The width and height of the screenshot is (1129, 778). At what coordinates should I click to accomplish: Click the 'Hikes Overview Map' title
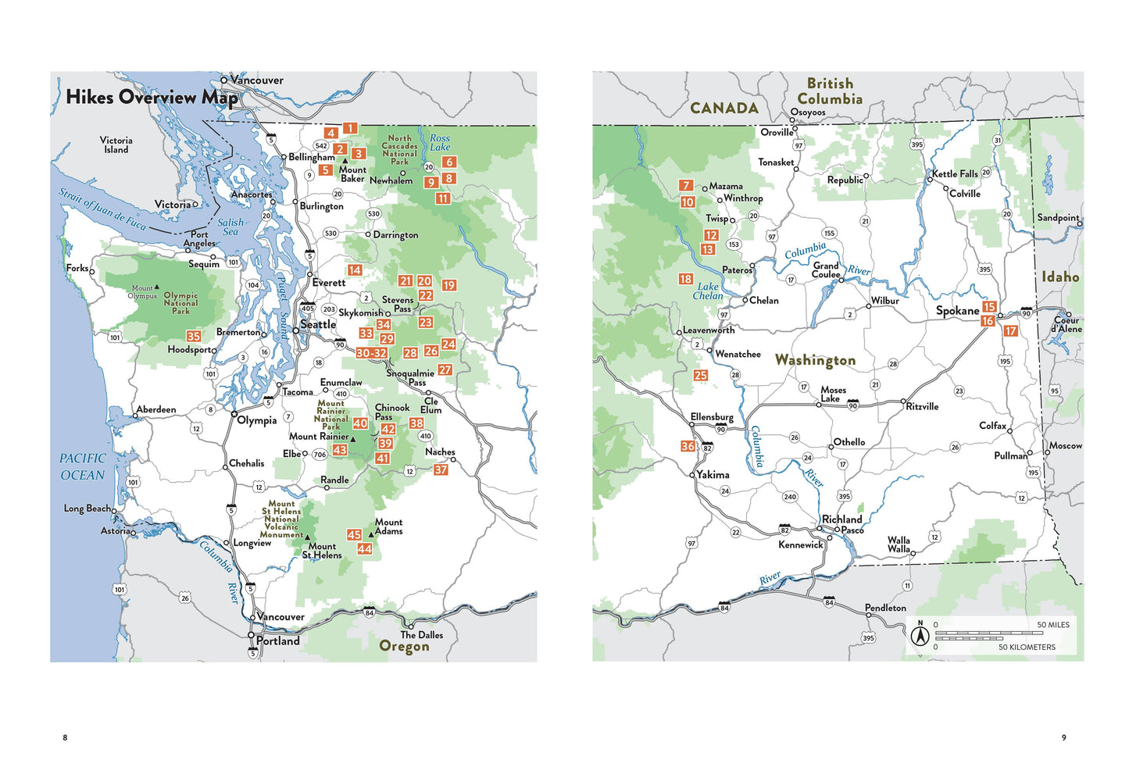pos(152,97)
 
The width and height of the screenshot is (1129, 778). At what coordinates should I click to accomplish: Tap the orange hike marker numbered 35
pos(194,336)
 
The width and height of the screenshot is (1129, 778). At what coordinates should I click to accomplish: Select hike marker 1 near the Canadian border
pos(350,128)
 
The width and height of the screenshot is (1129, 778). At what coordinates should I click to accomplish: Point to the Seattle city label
pos(318,324)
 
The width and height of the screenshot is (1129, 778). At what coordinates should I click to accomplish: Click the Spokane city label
pos(957,311)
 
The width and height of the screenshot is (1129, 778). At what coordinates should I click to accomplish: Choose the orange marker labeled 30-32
pos(371,353)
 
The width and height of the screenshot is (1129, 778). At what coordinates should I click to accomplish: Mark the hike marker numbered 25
pos(701,375)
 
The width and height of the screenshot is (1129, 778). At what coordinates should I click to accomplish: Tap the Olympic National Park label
pos(180,303)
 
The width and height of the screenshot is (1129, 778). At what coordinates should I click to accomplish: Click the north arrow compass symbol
pos(920,635)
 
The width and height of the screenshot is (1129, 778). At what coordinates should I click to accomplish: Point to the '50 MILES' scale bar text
pos(1053,625)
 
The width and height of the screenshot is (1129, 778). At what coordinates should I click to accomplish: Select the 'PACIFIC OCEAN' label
pos(82,467)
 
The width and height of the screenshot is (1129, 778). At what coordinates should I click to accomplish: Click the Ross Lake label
pos(440,142)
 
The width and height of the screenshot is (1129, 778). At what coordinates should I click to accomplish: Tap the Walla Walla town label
pos(899,544)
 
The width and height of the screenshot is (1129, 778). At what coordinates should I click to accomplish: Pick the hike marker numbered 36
pos(688,446)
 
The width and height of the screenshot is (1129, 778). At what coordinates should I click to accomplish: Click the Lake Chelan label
pos(708,291)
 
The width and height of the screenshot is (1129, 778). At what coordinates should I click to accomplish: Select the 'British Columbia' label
pos(830,91)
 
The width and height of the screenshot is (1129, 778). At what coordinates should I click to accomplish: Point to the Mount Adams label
pos(388,526)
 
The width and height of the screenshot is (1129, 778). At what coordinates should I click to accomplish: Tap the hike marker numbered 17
pos(1011,331)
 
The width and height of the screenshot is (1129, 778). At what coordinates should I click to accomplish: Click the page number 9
pos(1063,737)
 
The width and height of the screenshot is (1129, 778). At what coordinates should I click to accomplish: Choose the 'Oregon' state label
pos(404,647)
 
